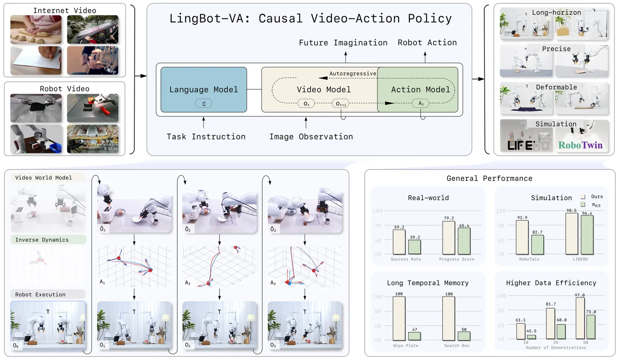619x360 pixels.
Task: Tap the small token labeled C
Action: [x=204, y=104]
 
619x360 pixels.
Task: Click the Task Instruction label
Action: [x=206, y=136]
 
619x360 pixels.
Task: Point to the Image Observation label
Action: [x=311, y=136]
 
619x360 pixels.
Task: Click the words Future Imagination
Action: [x=343, y=43]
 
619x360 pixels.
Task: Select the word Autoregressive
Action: [x=352, y=73]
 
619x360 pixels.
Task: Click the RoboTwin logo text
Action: [x=580, y=145]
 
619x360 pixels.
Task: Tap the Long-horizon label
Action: [x=556, y=12]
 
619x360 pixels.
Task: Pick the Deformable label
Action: [x=556, y=87]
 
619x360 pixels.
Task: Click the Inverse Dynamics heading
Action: [x=42, y=240]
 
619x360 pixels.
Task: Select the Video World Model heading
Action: [x=43, y=177]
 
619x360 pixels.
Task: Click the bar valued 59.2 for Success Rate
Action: [x=399, y=242]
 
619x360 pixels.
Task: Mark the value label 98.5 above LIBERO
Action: [x=571, y=210]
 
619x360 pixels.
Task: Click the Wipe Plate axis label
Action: [x=405, y=345]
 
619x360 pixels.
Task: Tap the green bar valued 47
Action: [x=414, y=336]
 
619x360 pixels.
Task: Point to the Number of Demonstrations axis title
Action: [x=556, y=348]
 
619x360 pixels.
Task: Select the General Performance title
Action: [x=489, y=178]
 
